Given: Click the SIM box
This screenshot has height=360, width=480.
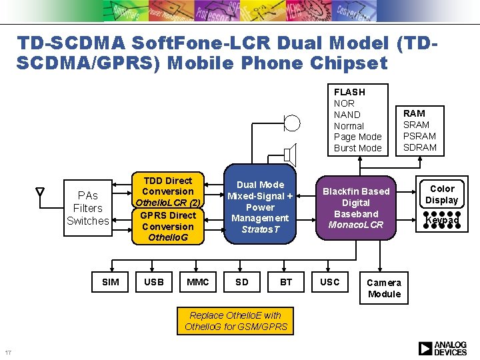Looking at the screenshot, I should click(x=111, y=282).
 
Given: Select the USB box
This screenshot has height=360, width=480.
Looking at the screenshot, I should click(x=154, y=282).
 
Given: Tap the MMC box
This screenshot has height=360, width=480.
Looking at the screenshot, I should click(x=198, y=282).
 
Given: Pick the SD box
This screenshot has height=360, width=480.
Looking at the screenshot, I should click(x=242, y=282).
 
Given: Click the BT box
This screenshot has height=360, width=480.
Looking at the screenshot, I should click(x=286, y=282).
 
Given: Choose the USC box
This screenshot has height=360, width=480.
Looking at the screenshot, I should click(x=330, y=282).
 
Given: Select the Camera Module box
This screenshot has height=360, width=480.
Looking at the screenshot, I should click(x=384, y=288).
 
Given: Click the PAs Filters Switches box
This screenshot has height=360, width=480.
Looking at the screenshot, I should click(x=87, y=208).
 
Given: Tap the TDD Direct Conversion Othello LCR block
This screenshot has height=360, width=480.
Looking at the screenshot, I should click(x=168, y=191).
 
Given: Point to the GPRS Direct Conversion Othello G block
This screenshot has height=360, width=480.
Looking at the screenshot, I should click(x=168, y=226).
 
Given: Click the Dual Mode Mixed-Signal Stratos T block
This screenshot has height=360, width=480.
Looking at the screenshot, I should click(x=260, y=207).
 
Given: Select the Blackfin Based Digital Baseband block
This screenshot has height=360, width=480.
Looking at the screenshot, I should click(x=356, y=208).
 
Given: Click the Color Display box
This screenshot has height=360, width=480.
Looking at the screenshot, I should click(x=442, y=195).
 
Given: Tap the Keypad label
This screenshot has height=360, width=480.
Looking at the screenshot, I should click(x=442, y=219).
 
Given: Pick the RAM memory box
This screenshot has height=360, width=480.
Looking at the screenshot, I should click(x=419, y=130).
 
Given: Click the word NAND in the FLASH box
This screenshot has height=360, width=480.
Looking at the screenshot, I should click(x=347, y=115).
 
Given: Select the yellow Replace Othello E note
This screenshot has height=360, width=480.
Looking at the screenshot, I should click(x=235, y=321).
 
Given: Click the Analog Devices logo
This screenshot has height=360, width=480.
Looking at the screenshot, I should click(x=443, y=348).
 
